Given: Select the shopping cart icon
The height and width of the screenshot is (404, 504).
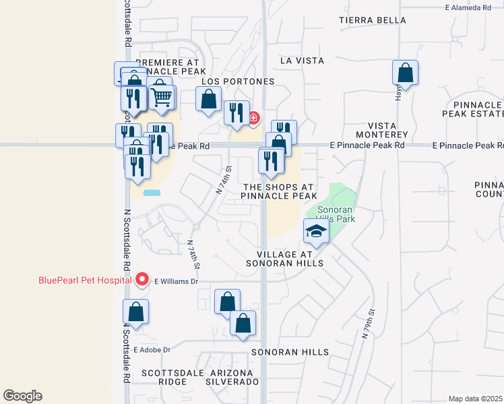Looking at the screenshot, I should click(x=162, y=98).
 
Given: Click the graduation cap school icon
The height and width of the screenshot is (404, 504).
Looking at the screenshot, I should click(x=315, y=232).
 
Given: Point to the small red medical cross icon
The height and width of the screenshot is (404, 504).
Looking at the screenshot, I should click(x=254, y=119).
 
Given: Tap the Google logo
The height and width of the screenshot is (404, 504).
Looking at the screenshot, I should click(x=22, y=396).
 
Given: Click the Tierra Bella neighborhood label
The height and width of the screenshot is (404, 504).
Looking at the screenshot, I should click(x=373, y=20).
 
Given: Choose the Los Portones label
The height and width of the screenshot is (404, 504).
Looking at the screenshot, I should click(x=239, y=81).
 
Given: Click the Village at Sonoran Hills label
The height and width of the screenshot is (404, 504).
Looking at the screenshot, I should click(x=290, y=259).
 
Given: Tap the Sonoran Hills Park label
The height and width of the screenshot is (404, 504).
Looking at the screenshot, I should click(x=336, y=214).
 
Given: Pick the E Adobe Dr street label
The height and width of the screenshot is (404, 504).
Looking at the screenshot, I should click(x=152, y=349).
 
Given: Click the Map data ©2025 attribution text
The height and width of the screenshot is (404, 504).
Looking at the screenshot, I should click(x=476, y=399).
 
